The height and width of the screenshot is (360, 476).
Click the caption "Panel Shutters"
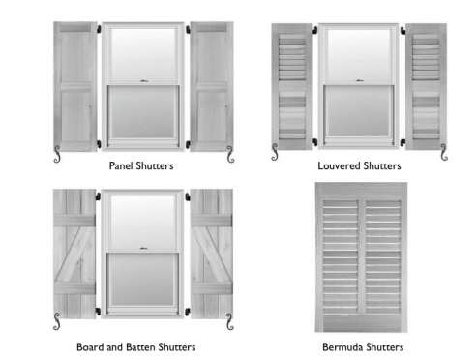point(141,165)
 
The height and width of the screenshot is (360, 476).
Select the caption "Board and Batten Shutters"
point(135,345)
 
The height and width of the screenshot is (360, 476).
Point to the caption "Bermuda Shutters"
point(363,345)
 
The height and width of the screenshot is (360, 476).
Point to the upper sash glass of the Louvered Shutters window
point(360,53)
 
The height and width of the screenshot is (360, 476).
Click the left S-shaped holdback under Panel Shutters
point(56,155)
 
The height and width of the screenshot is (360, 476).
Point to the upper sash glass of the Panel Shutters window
point(141,53)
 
